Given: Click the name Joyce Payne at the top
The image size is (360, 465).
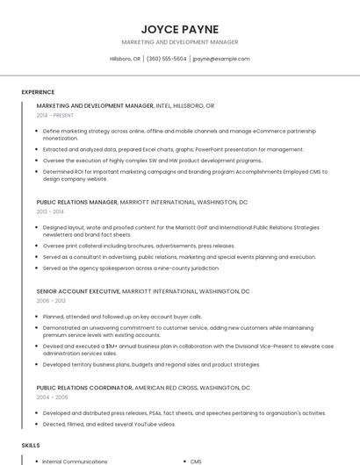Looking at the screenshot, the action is pyautogui.click(x=179, y=29).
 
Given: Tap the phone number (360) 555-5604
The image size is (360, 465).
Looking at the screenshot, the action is pyautogui.click(x=167, y=59).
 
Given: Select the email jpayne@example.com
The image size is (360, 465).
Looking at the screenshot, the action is pyautogui.click(x=220, y=59).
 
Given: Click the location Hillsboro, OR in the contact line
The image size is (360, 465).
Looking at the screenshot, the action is pyautogui.click(x=125, y=59).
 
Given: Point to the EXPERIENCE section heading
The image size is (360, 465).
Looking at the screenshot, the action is pyautogui.click(x=38, y=92).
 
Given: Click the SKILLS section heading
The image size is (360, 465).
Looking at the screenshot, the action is pyautogui.click(x=31, y=446).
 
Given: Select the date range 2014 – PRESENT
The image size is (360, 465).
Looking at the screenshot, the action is pyautogui.click(x=55, y=115).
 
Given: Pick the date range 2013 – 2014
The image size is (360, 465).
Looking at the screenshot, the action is pyautogui.click(x=50, y=211).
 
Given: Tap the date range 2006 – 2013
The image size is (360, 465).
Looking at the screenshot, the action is pyautogui.click(x=50, y=300).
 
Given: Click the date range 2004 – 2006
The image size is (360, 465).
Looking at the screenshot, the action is pyautogui.click(x=50, y=397).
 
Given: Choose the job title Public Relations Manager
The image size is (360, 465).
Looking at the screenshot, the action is pyautogui.click(x=76, y=202).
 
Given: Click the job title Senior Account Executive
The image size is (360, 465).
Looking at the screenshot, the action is pyautogui.click(x=78, y=290).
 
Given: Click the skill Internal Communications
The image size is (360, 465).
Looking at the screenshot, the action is pyautogui.click(x=75, y=461).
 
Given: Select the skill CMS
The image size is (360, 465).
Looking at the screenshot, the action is pyautogui.click(x=196, y=461).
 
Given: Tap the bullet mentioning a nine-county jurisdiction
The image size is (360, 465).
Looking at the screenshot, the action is pyautogui.click(x=131, y=268).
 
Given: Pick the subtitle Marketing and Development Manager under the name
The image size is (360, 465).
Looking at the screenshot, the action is pyautogui.click(x=179, y=42).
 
